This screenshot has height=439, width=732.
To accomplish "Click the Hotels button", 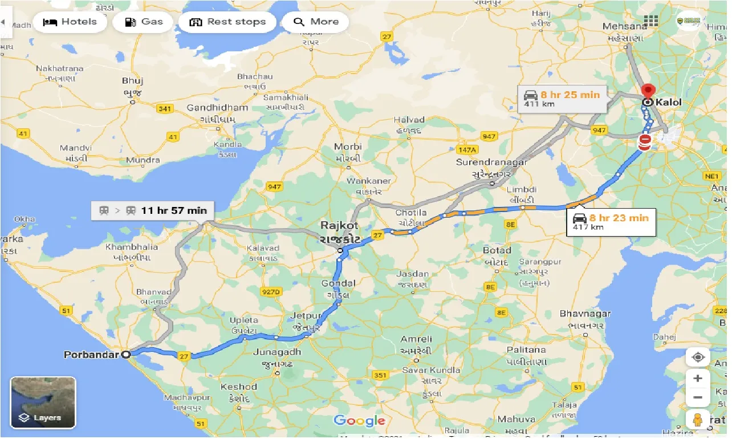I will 70,22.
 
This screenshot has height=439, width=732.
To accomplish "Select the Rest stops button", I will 227,22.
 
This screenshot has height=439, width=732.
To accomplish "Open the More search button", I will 316,22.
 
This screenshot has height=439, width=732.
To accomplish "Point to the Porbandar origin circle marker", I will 127,354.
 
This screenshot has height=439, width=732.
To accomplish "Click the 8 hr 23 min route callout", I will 611,222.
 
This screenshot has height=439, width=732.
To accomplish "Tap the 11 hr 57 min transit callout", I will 152,210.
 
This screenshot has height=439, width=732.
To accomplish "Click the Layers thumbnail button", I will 43,403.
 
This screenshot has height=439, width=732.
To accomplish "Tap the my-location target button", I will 698,357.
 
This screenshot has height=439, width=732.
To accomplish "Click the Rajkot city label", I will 340,226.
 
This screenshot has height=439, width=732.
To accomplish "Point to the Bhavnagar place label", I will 585,314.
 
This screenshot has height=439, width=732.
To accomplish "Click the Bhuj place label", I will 132,81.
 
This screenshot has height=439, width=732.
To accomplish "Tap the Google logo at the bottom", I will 359,421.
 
